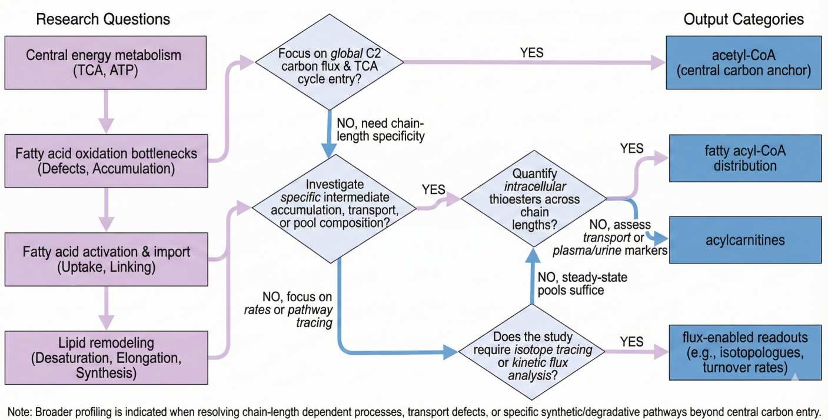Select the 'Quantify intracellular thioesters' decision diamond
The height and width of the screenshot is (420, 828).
click(534, 200)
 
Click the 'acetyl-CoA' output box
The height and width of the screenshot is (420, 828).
click(744, 64)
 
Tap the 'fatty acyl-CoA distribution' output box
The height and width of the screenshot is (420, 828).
click(744, 159)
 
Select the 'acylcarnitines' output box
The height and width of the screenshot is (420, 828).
click(744, 240)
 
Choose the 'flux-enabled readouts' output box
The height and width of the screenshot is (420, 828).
click(744, 353)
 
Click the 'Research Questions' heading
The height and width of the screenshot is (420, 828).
click(103, 19)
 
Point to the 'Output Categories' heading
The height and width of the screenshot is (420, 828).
click(743, 19)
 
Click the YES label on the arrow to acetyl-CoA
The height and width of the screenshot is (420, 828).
click(531, 52)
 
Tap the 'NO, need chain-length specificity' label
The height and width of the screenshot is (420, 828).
click(380, 131)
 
